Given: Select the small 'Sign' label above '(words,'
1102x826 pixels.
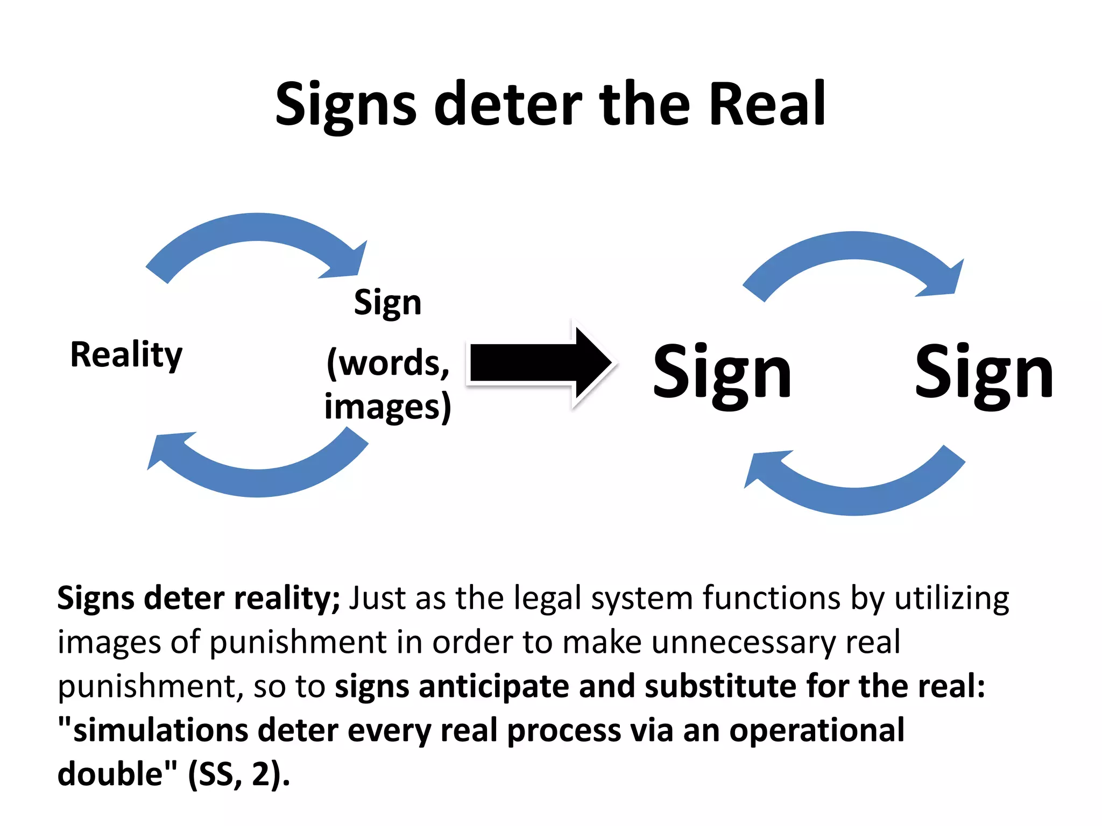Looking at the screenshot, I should tap(387, 303).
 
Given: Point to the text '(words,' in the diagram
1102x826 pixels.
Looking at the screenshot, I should tap(387, 364).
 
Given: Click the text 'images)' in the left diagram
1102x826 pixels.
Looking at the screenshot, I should tap(387, 407).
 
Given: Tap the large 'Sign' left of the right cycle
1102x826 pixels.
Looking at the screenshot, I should tap(722, 373).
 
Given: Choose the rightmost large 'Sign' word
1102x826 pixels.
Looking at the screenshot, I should tap(984, 373).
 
